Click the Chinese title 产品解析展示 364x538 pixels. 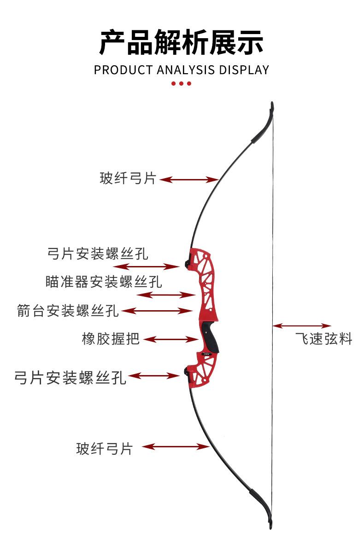pyautogui.click(x=182, y=42)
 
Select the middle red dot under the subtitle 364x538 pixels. pyautogui.click(x=182, y=83)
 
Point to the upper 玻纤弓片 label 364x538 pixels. pyautogui.click(x=128, y=179)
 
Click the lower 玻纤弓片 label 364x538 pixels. pyautogui.click(x=105, y=449)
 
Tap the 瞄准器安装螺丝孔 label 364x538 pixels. pyautogui.click(x=104, y=282)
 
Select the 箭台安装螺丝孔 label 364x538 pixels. pyautogui.click(x=68, y=311)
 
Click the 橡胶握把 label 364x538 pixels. pyautogui.click(x=111, y=339)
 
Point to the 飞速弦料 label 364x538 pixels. pyautogui.click(x=324, y=339)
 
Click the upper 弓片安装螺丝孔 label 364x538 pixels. pyautogui.click(x=98, y=254)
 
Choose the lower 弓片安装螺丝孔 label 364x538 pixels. pyautogui.click(x=70, y=378)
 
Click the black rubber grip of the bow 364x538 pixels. pyautogui.click(x=210, y=338)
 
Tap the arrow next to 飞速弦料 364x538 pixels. pyautogui.click(x=302, y=326)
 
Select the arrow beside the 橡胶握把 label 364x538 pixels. pyautogui.click(x=171, y=339)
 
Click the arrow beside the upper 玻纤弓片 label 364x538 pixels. pyautogui.click(x=189, y=179)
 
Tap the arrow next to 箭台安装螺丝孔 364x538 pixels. pyautogui.click(x=157, y=311)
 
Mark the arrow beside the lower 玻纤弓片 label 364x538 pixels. pyautogui.click(x=176, y=446)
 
